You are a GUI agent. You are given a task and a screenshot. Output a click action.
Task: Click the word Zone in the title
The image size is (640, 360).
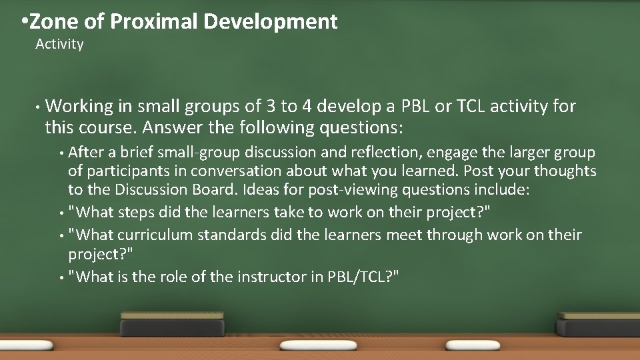click(55, 22)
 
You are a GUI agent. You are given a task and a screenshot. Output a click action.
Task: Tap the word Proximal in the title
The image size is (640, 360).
click(155, 22)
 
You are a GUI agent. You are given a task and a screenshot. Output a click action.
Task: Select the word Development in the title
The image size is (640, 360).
click(271, 22)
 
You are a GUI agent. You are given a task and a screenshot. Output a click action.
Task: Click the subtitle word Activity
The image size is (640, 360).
click(59, 45)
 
